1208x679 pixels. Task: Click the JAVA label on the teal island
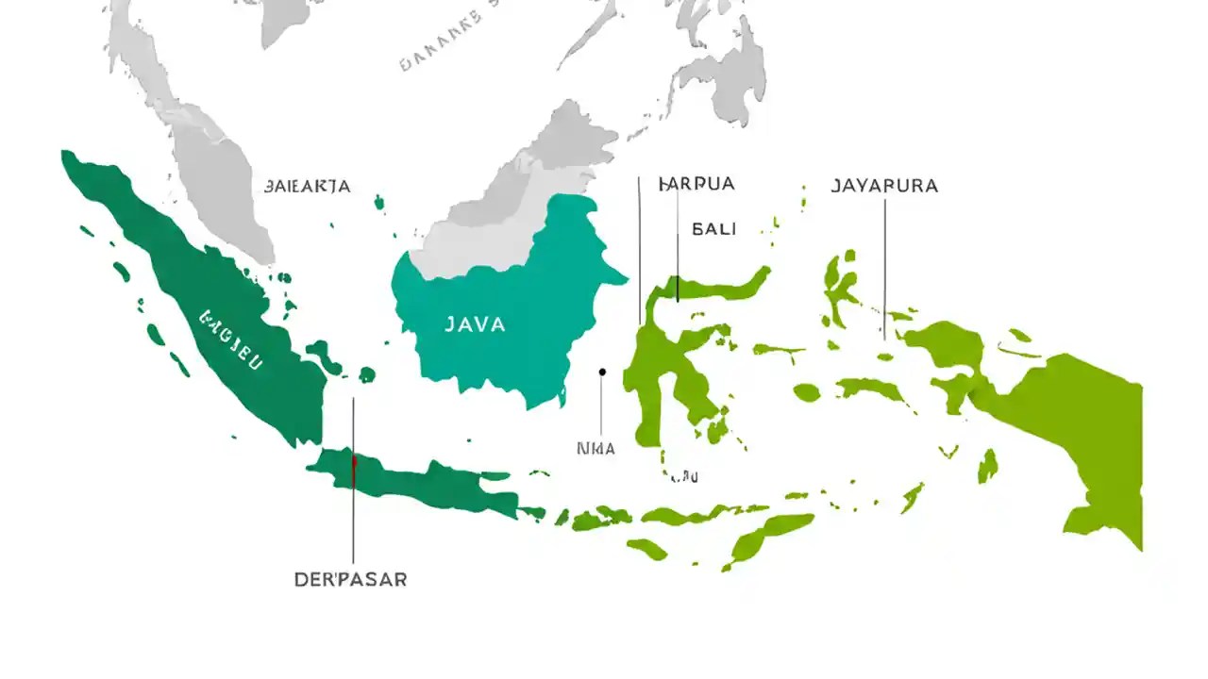476,324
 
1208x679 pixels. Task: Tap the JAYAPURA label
884,186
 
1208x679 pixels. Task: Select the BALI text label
714,228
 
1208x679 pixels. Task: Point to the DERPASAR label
351,579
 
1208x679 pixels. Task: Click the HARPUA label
696,184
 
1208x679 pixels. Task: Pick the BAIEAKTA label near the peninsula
308,186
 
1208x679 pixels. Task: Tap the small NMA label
596,449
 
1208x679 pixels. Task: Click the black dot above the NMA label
602,372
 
